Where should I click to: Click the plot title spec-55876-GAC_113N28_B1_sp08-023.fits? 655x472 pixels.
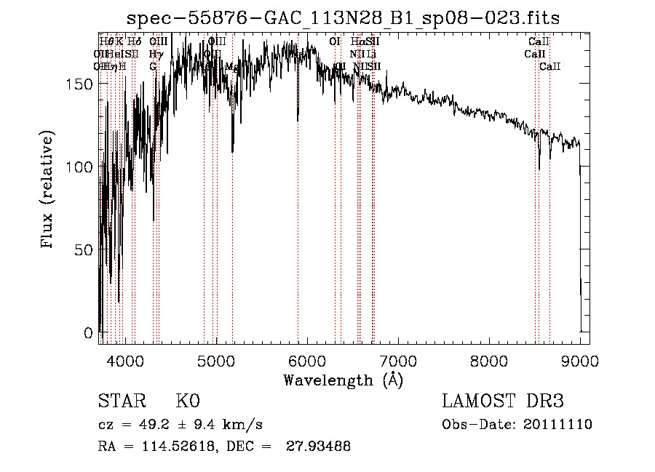(x=343, y=18)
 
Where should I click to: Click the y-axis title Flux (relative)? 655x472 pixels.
(x=49, y=191)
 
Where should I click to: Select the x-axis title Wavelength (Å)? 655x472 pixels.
(x=343, y=380)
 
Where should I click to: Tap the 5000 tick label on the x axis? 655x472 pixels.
(x=216, y=361)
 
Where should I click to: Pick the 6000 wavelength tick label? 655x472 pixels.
(x=307, y=361)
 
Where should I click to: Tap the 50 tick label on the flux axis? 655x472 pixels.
(x=84, y=250)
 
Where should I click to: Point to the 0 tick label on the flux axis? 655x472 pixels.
(x=88, y=333)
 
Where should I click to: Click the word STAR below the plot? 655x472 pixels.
(x=121, y=401)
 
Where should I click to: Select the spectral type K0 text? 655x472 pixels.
(x=187, y=401)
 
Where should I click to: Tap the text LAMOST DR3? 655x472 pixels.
(x=503, y=401)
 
